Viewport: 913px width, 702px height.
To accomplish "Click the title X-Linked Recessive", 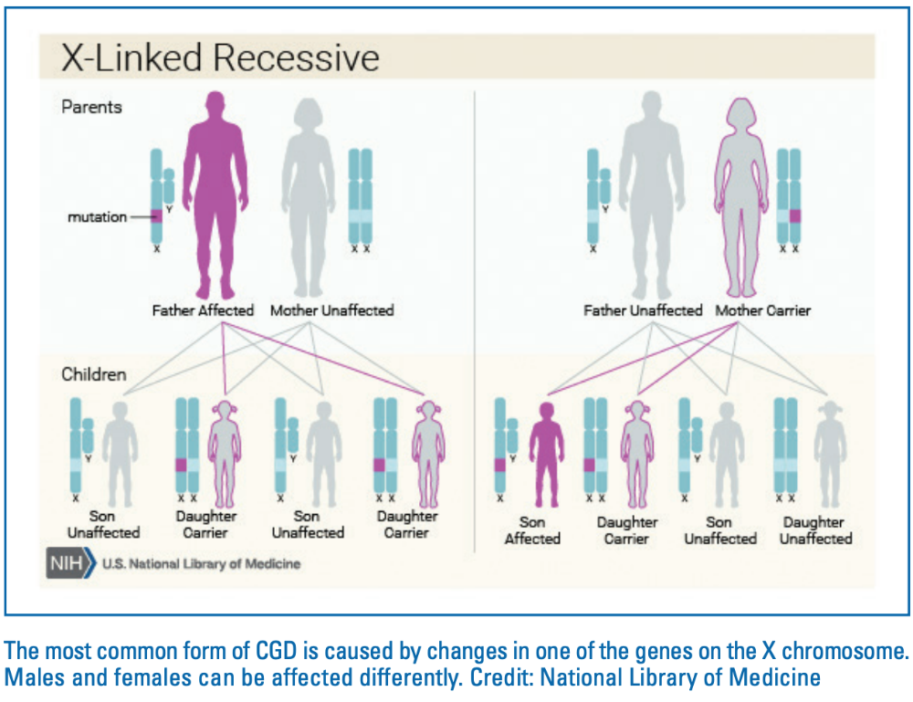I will coord(219,58).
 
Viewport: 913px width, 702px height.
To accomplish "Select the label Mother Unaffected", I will coord(331,310).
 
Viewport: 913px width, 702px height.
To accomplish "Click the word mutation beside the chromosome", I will coord(96,217).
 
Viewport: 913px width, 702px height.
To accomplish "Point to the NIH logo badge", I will coord(69,563).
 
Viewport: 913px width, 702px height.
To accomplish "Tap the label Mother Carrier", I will coord(762,310).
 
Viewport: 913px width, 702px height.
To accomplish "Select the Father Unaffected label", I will coord(643,310).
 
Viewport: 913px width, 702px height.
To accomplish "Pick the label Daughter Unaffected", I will coord(814,530).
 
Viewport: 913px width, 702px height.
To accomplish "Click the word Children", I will coord(93,374).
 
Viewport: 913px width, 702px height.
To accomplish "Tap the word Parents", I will coord(91,107).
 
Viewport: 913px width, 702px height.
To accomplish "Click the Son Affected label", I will coord(532,530).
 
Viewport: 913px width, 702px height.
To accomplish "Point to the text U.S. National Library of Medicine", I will coord(201,564).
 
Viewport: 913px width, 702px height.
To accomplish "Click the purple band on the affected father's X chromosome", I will coord(157,216).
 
